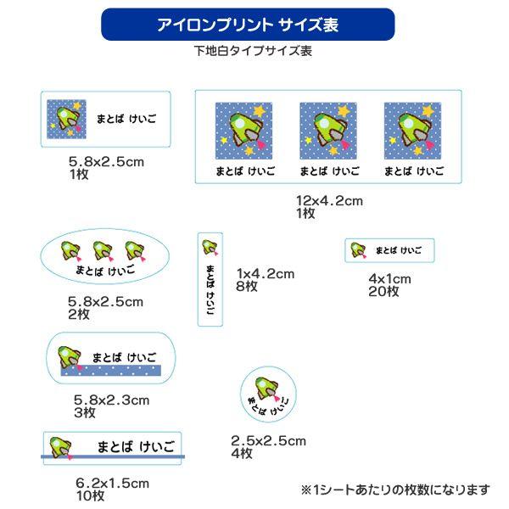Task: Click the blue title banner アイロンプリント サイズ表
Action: coord(248,25)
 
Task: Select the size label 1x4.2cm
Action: coord(266,273)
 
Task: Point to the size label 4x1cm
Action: coord(389,279)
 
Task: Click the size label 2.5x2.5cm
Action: coord(268,440)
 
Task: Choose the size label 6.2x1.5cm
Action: coord(111,484)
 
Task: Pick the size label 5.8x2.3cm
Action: coord(111,400)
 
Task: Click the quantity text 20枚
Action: coord(383,291)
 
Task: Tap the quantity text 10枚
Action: coord(89,495)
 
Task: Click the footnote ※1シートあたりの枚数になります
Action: coord(395,489)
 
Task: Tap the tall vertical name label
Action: coord(210,278)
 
